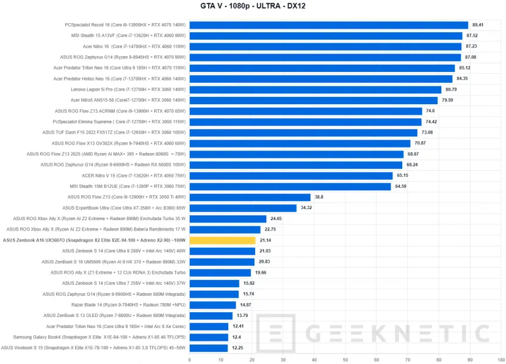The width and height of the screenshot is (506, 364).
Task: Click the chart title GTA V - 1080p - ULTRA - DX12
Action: coord(252,7)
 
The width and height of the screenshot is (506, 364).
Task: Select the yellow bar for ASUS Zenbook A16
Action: coord(222,240)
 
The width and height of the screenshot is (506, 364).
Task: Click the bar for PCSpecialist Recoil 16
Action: coord(328,25)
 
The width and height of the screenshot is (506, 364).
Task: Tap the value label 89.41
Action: coord(478,25)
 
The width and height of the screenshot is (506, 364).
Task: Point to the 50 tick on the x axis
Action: coord(345,360)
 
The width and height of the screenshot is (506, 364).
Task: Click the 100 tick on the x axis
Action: coord(501,360)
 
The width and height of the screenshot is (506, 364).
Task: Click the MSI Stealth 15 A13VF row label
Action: coord(128,36)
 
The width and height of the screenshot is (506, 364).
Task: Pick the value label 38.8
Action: coord(319,197)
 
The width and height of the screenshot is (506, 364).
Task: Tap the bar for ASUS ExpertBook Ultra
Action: coord(243,208)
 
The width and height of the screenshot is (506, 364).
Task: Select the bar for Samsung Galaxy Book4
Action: coord(209,337)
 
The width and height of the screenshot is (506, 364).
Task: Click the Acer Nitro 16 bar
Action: coord(325,46)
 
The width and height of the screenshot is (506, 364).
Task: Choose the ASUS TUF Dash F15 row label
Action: coord(114,132)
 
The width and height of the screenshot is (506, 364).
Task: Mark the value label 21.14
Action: coord(266,240)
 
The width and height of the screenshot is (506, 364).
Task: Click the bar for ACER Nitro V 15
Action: coord(291,176)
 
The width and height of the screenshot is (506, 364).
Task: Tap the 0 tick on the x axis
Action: coord(190,360)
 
